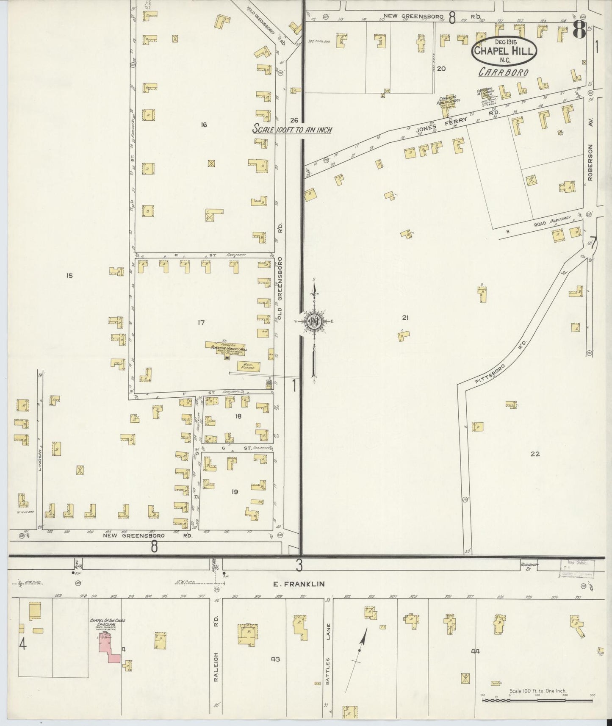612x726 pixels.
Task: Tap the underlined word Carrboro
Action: tap(503, 72)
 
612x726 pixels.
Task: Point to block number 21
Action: tap(405, 318)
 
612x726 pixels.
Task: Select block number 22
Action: tap(535, 454)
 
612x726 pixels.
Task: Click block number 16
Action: tap(204, 125)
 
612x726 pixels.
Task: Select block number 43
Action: tap(276, 659)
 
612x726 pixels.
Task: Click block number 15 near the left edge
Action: tap(69, 276)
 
